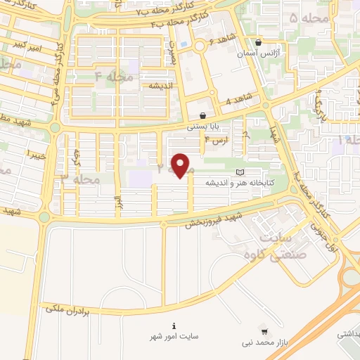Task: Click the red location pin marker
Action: (181, 166)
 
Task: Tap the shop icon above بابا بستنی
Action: (202, 116)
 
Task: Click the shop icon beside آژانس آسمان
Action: (259, 42)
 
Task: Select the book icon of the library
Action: (240, 172)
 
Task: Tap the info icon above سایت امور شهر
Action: (173, 326)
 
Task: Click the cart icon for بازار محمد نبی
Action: (264, 329)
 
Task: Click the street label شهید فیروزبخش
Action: (218, 219)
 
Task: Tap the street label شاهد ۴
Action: (238, 101)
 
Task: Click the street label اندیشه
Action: (161, 84)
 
